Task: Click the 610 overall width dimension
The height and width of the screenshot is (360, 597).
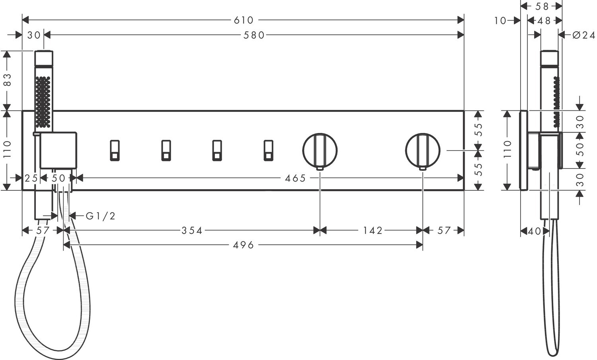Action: pos(244,20)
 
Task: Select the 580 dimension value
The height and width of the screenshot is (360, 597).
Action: pos(254,35)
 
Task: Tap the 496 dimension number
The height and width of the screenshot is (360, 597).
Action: pos(244,245)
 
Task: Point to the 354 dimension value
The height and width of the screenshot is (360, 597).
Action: pos(192,231)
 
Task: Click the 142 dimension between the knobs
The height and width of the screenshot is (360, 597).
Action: pos(373,231)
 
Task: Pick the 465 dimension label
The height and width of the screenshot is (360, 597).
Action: pos(295,178)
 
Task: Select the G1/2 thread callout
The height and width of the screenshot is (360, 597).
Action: pos(100,216)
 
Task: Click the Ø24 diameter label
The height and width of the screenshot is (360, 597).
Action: pos(583,35)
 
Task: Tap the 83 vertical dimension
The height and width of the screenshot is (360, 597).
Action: pos(8,80)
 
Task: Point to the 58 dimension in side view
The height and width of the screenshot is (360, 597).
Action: pos(542,6)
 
